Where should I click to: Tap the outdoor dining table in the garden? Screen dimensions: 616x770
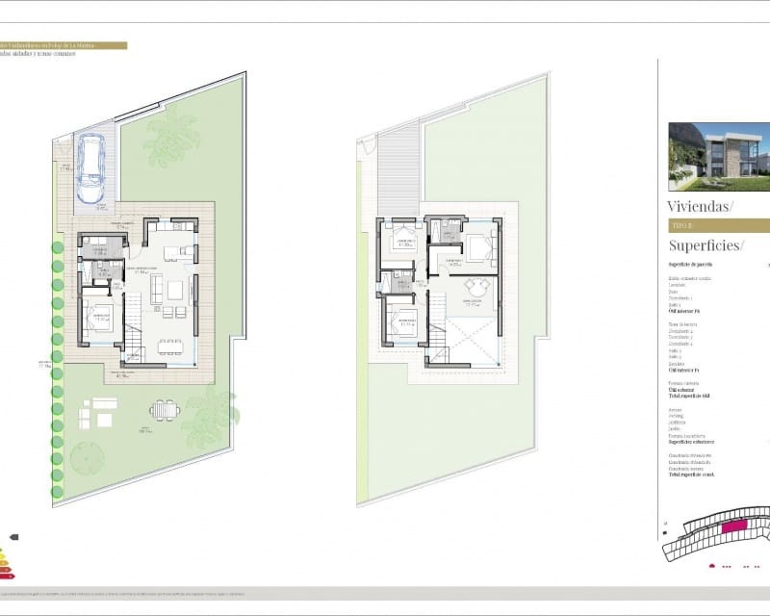165,411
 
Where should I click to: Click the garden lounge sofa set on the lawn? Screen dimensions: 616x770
97,413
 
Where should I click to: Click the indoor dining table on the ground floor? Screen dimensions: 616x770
169,345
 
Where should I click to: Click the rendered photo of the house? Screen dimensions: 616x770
719,157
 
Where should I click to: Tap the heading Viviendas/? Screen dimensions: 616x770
700,206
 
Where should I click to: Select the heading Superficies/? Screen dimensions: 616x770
706,245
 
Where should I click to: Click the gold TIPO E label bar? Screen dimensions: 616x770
718,226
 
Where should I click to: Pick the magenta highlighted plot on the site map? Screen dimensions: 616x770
735,526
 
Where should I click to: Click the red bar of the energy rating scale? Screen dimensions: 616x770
6,572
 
